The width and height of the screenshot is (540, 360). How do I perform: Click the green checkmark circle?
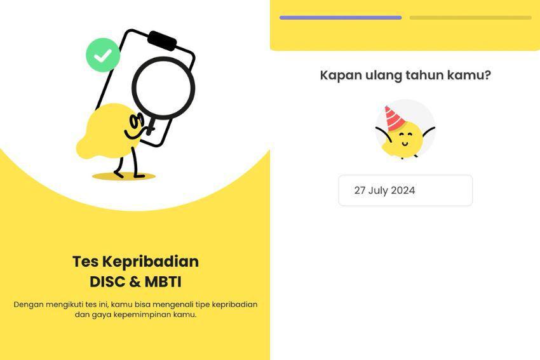point(103,55)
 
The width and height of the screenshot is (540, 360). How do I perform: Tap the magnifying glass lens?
point(163,88)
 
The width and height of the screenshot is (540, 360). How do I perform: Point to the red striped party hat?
point(395,117)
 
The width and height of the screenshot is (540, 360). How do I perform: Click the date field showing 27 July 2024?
point(405,190)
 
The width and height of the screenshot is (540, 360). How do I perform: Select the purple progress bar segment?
point(341,18)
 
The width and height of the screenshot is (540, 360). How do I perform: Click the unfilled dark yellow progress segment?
point(470,18)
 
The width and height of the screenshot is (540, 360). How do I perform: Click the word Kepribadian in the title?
point(151,262)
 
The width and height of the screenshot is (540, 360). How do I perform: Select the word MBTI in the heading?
point(163,282)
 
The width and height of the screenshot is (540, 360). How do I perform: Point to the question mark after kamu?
point(487,75)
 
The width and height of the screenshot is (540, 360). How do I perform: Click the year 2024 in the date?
point(403,190)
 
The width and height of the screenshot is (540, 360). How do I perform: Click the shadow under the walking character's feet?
point(124,177)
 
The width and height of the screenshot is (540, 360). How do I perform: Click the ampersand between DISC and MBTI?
point(135,282)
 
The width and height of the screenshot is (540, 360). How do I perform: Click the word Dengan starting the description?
point(29,305)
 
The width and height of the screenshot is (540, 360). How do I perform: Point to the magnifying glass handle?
point(151,125)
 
